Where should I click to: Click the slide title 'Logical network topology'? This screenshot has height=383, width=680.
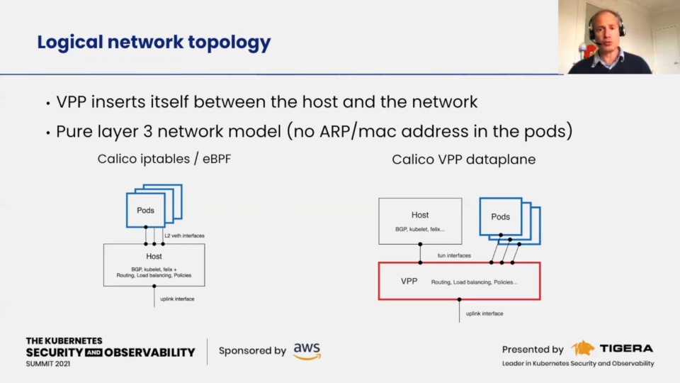(154, 43)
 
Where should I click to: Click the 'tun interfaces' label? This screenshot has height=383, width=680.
(454, 255)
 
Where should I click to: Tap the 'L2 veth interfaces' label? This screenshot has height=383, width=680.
(184, 235)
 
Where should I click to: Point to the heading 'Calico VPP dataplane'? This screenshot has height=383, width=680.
(463, 160)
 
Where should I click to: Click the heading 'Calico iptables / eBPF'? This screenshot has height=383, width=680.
(164, 159)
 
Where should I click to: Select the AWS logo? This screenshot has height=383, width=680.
(307, 351)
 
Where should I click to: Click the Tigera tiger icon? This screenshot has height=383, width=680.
(582, 348)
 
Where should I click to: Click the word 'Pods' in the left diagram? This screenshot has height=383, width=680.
(145, 210)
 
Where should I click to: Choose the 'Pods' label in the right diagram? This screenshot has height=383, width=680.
(500, 217)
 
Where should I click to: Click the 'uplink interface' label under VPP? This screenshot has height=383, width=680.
(484, 313)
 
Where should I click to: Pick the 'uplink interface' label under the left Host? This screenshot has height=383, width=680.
(177, 299)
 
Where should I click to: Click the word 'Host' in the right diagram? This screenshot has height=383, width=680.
(420, 215)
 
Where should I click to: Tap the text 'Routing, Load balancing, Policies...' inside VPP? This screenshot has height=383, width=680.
(474, 282)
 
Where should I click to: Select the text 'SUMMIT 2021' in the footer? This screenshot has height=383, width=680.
(47, 364)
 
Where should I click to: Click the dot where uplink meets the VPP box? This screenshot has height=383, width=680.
(459, 299)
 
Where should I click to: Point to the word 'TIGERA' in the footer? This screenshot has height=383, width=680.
(626, 348)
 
